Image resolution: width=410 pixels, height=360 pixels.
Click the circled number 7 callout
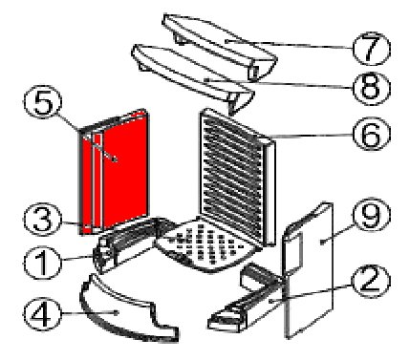pos(371,49)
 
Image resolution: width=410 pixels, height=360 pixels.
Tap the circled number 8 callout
pos(371,88)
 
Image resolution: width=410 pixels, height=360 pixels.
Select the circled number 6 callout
pos(372,134)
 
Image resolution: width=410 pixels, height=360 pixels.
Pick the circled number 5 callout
pos(42,102)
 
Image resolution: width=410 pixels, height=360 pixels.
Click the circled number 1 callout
pos(42,264)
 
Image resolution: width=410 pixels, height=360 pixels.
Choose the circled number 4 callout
pos(41,314)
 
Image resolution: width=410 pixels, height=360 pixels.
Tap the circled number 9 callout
pos(372,215)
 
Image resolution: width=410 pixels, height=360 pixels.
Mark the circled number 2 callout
pos(371,281)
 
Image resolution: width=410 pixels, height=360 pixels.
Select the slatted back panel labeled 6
pos(236,177)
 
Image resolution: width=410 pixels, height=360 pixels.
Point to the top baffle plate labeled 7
pos(220,45)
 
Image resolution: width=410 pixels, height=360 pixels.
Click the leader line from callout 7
pos(289,44)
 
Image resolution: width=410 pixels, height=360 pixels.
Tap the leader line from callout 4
pos(89,313)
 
